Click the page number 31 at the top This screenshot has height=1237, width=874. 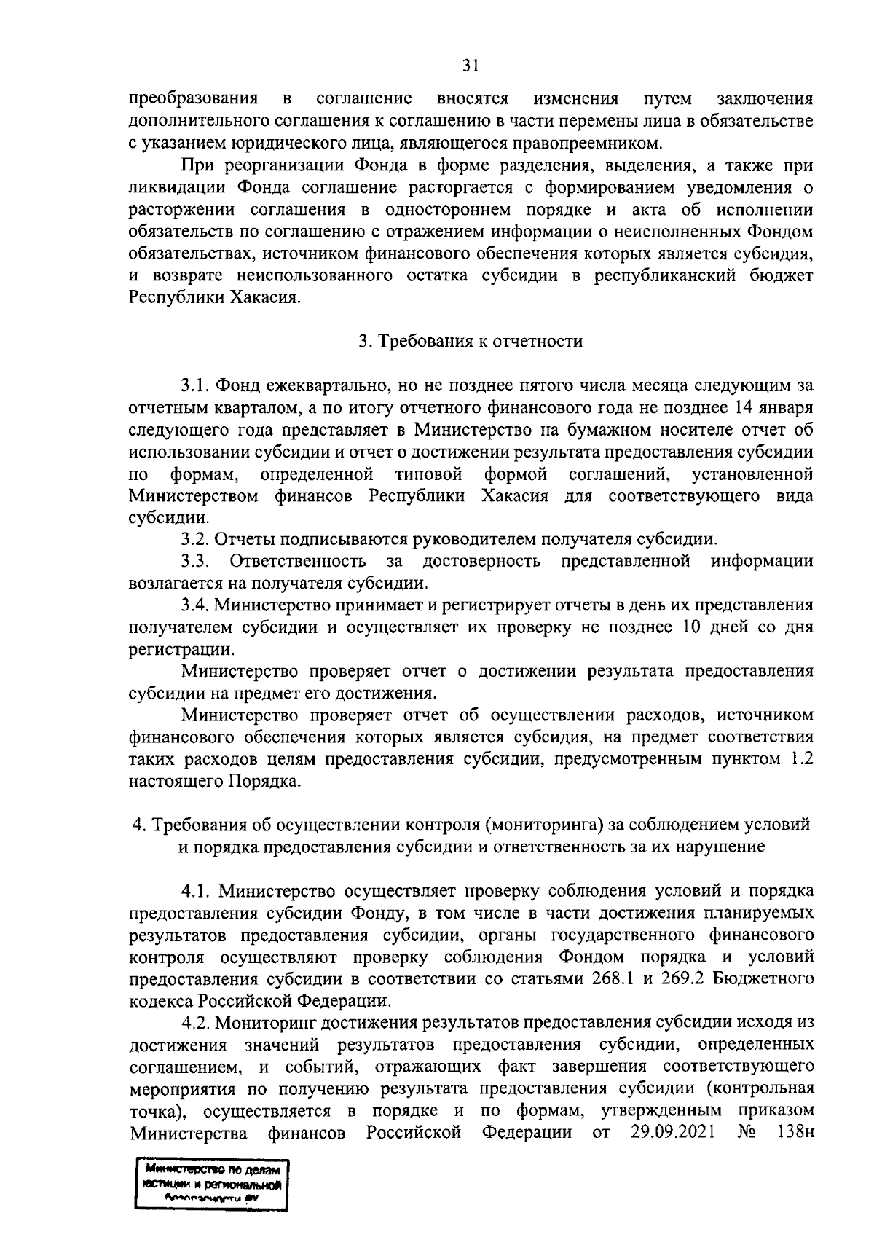[x=471, y=66]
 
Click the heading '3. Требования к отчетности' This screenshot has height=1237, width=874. [x=471, y=341]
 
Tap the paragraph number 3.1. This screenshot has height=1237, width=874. [x=196, y=384]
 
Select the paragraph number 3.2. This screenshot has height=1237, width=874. [x=196, y=540]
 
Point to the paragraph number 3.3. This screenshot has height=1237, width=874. [x=196, y=561]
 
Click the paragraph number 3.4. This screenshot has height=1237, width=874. [x=196, y=605]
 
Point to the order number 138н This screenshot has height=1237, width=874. [x=795, y=1134]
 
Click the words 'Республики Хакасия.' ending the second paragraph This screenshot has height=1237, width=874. [x=214, y=298]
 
